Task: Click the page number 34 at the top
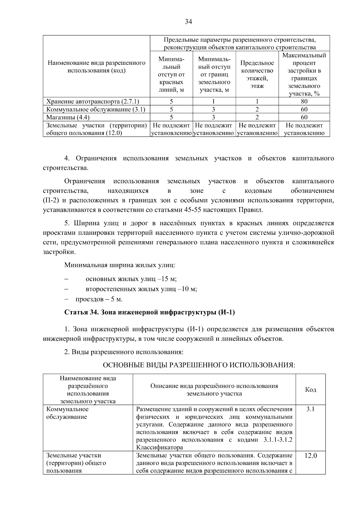tap(188, 22)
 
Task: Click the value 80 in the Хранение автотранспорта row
tap(304, 101)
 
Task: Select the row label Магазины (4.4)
tap(68, 117)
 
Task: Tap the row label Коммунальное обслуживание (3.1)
tap(96, 109)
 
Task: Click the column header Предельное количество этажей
tap(257, 74)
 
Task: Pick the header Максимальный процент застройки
tap(304, 74)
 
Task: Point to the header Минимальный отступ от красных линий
tap(171, 74)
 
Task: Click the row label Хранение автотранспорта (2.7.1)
tap(93, 101)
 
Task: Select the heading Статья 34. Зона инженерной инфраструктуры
tap(149, 312)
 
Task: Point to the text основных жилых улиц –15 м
tap(131, 279)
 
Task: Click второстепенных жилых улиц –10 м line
tap(141, 289)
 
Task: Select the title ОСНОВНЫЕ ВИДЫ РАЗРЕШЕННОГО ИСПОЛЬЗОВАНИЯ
tap(199, 365)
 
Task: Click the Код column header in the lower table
tap(310, 390)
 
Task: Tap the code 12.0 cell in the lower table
tap(310, 456)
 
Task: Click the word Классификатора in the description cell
tap(159, 448)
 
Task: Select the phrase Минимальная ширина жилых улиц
tap(119, 265)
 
